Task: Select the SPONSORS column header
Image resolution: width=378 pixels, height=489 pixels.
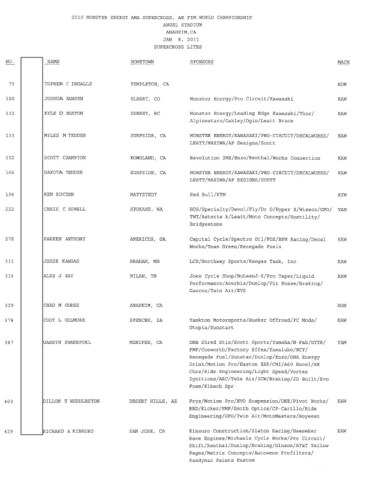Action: pos(202,63)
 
